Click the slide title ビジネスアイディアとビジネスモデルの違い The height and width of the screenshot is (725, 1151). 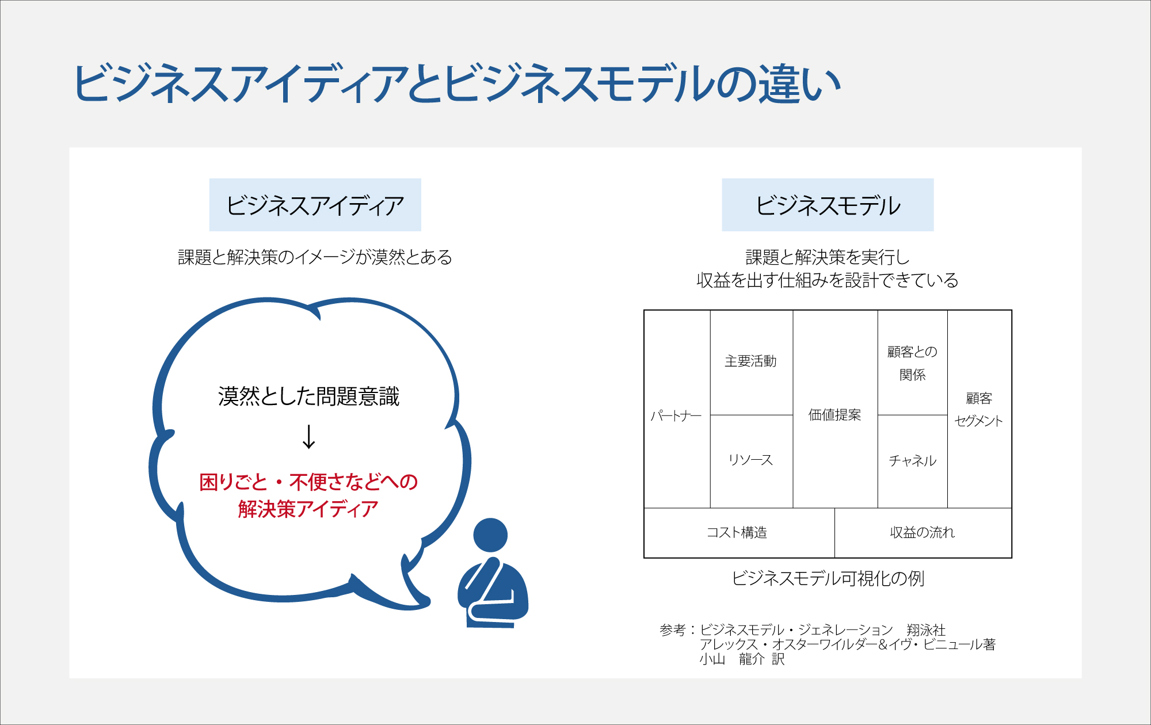[458, 84]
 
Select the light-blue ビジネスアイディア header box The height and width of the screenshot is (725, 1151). [315, 205]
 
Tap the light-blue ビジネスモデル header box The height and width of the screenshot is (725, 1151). [828, 205]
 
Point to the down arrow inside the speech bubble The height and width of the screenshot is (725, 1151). [309, 437]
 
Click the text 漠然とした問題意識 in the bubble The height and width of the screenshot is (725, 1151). [308, 396]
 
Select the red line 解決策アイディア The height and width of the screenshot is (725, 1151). [308, 509]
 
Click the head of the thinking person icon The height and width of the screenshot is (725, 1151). [490, 535]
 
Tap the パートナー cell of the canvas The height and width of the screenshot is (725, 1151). [677, 409]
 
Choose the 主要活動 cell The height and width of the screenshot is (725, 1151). [752, 362]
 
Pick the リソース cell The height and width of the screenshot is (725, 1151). [752, 461]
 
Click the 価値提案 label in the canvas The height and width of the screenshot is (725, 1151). [834, 415]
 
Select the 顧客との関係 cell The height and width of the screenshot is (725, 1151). [913, 362]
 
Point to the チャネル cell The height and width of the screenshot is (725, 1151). [913, 461]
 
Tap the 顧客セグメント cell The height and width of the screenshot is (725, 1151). [980, 409]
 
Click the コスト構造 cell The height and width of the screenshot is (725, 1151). [740, 533]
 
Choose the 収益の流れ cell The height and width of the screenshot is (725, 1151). [923, 533]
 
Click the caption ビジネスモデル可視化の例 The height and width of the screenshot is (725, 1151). [828, 578]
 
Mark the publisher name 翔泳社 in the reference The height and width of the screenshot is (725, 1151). [926, 630]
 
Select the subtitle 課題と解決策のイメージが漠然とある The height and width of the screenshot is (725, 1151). [315, 257]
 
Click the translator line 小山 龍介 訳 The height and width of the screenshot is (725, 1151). [742, 659]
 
